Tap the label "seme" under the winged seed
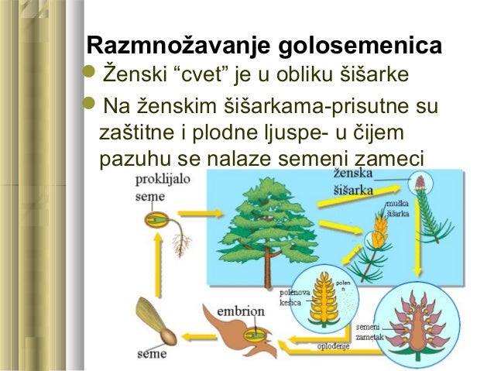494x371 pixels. [x=152, y=355]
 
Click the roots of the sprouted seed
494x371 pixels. [x=182, y=245]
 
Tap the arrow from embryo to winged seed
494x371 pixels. [x=201, y=330]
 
